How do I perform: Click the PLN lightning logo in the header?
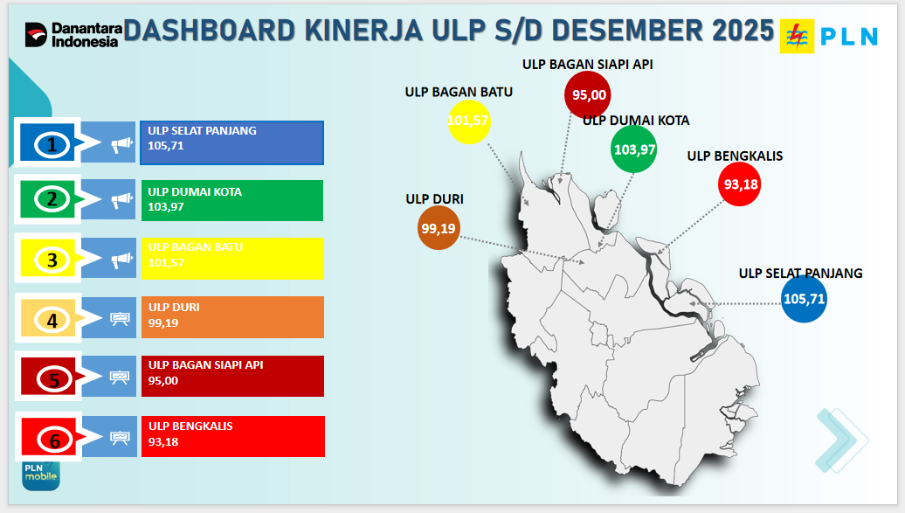[797, 36]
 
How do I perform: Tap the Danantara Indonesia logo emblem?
[36, 35]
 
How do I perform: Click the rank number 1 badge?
[52, 144]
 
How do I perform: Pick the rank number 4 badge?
[52, 320]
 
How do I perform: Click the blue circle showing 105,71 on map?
[804, 299]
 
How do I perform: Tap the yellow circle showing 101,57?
[468, 121]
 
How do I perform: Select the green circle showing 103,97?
[633, 149]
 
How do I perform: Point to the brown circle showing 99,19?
[439, 228]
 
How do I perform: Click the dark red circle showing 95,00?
[588, 94]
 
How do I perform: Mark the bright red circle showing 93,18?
[739, 184]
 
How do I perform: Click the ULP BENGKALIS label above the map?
[735, 156]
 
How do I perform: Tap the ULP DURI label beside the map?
[435, 198]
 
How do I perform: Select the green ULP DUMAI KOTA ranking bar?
[232, 200]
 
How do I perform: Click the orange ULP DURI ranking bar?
[232, 317]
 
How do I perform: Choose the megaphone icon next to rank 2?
[121, 200]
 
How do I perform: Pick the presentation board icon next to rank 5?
[120, 377]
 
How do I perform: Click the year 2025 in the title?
[743, 31]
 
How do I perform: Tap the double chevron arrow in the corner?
[841, 440]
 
